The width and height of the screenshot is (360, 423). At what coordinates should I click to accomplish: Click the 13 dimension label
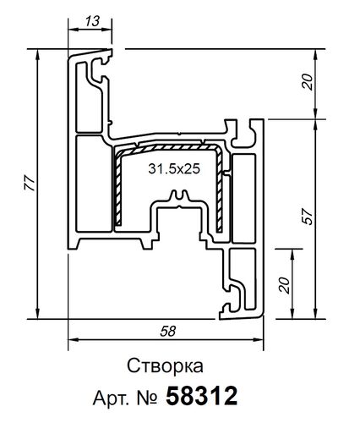(x=89, y=19)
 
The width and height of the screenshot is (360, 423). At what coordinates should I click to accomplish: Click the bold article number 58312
(x=203, y=396)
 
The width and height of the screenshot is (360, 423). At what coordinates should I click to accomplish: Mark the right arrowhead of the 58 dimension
(x=263, y=342)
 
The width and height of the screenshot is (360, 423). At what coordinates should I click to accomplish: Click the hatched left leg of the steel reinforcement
(x=117, y=190)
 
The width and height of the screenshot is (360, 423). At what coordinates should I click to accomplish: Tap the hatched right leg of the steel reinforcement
(x=224, y=190)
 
